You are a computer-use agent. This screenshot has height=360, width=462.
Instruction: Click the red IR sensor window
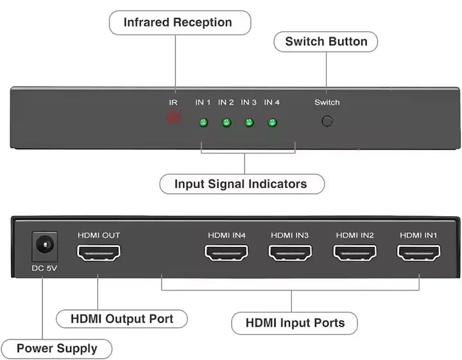click(x=173, y=118)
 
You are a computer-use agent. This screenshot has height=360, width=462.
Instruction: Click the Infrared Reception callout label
click(x=178, y=23)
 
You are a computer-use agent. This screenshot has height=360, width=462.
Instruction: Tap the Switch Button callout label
click(x=326, y=42)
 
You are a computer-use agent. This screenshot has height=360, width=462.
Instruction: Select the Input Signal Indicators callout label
click(x=241, y=184)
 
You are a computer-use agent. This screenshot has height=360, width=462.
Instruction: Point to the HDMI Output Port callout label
click(x=121, y=319)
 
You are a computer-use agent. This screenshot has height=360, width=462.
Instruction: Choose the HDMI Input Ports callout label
click(x=295, y=323)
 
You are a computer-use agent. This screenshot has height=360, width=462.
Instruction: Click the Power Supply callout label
click(x=57, y=349)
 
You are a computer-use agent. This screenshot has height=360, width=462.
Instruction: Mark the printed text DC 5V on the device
click(x=45, y=268)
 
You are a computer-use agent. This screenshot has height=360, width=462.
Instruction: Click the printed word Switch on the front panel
click(x=327, y=103)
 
